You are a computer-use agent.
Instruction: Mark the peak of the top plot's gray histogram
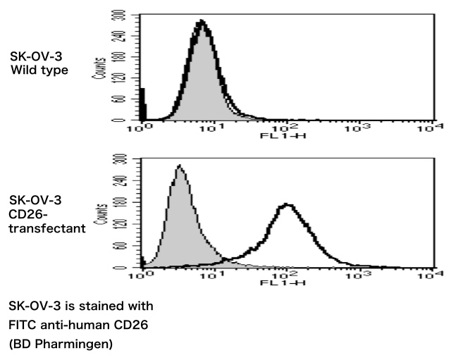click(x=201, y=23)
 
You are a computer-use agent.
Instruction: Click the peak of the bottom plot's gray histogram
click(x=180, y=167)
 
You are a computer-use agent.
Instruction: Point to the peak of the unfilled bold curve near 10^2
click(x=286, y=205)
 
